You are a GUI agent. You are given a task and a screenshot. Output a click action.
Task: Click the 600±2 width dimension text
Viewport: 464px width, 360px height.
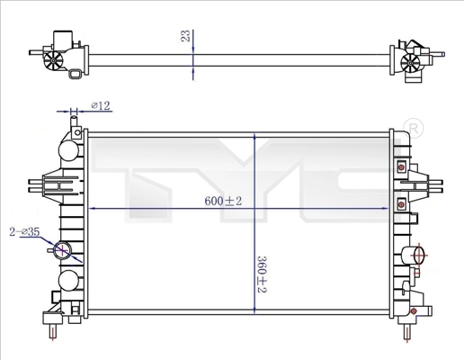click(223, 202)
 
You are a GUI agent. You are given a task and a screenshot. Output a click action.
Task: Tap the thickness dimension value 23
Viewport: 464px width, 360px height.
click(185, 36)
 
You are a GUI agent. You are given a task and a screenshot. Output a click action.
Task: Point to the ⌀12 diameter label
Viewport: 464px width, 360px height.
click(100, 106)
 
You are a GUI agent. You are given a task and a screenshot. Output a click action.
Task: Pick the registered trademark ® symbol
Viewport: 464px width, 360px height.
click(414, 127)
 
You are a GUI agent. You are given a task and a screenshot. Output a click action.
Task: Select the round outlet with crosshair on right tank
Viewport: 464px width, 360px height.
click(417, 256)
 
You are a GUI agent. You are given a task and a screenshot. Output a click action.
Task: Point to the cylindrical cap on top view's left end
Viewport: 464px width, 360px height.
click(63, 38)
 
